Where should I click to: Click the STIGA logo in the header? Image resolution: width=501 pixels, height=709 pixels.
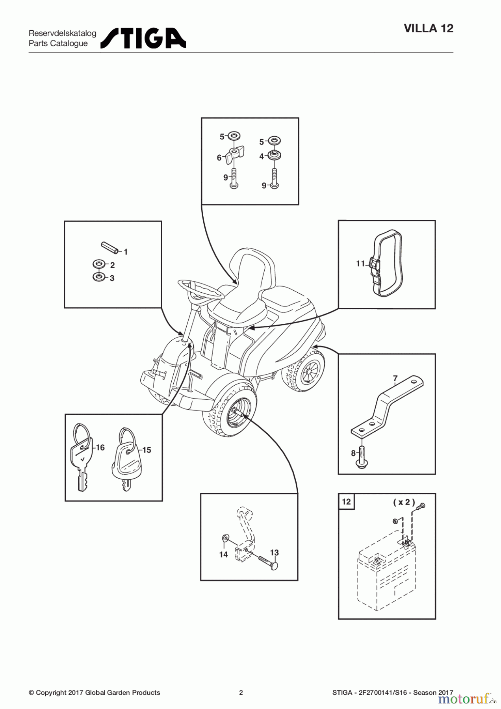(x=143, y=38)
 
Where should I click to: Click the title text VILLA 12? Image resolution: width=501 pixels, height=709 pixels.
(x=429, y=28)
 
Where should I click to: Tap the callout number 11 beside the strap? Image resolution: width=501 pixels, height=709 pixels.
(x=360, y=264)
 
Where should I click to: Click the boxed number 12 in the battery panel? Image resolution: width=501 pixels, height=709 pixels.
(x=346, y=501)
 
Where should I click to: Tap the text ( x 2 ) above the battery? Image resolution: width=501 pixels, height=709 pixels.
(x=404, y=502)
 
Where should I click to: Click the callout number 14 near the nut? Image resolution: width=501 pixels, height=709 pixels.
(x=223, y=555)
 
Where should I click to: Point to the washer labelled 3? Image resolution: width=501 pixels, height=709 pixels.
(x=98, y=277)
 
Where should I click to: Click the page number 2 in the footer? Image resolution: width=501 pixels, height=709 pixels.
(x=241, y=692)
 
